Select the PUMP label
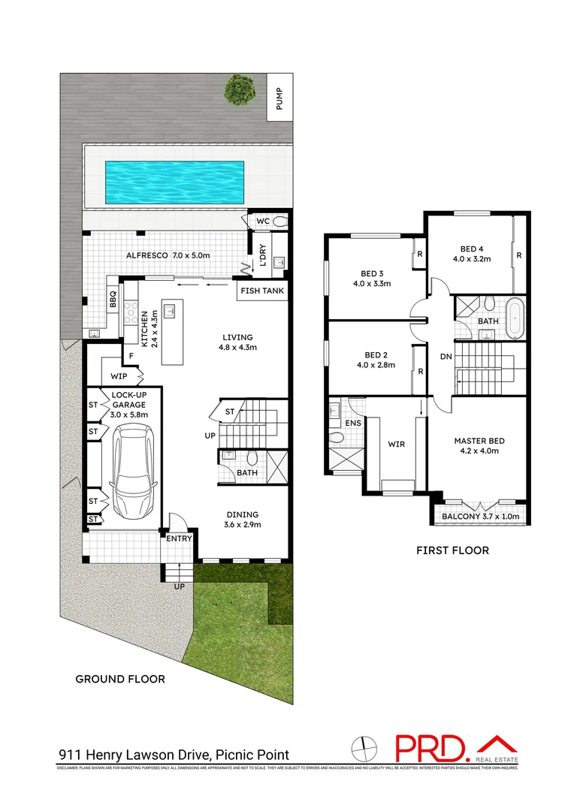280,100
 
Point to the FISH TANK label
262,291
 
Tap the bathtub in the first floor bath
515,318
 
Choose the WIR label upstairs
396,445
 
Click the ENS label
352,424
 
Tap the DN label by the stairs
446,357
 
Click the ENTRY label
180,538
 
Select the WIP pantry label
119,375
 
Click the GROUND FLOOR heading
120,679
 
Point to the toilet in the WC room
279,222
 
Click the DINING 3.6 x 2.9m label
243,520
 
